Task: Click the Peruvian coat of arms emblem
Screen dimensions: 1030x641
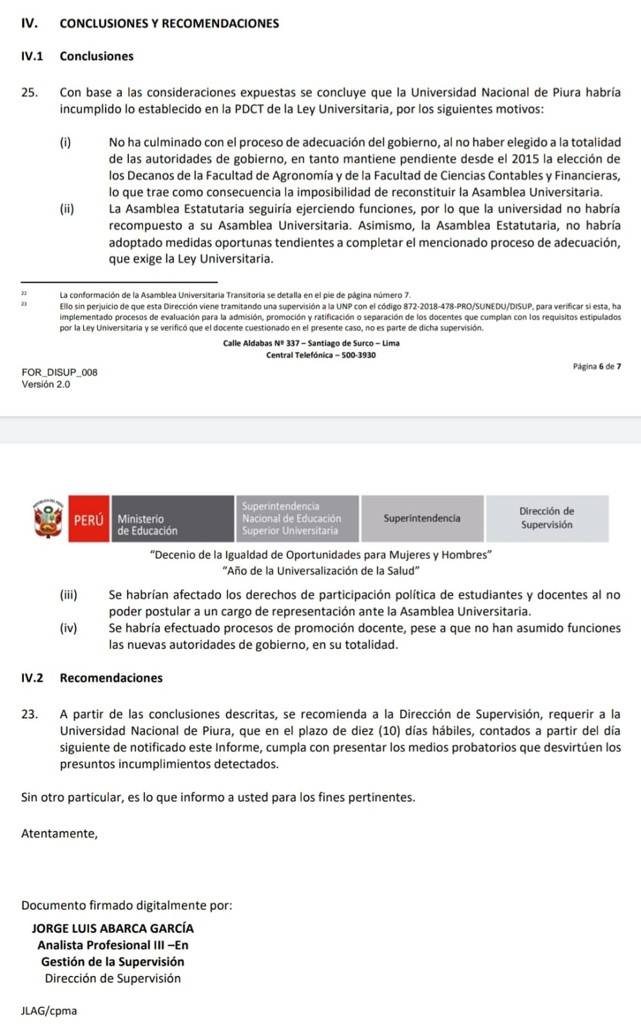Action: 49,519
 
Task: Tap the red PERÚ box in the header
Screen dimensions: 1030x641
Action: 89,520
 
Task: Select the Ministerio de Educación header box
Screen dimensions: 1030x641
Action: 172,519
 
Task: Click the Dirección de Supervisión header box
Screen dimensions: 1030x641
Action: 547,518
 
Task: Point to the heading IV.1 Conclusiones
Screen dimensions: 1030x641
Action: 77,56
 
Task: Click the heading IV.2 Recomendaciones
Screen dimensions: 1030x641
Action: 91,678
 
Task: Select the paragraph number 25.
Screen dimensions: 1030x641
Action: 29,92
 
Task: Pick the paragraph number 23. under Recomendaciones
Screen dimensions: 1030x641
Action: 29,714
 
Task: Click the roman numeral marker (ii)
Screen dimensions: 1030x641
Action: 67,209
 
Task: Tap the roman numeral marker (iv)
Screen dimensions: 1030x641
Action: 68,628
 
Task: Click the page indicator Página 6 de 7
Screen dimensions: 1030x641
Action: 597,366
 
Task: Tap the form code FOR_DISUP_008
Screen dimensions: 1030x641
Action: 59,372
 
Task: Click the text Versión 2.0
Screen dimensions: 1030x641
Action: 46,384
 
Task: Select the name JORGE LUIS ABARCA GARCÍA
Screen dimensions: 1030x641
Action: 112,928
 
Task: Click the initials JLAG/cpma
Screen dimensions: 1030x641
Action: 49,1011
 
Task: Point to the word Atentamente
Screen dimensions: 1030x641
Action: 59,834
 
